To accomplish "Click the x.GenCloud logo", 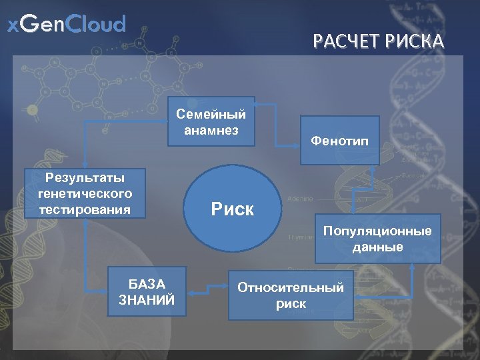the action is coord(66,25).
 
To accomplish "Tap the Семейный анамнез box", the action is coord(211,122).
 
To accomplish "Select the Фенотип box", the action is coord(339,140).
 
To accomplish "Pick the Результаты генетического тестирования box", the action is coord(85,193).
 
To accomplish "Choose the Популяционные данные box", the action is coord(377,239).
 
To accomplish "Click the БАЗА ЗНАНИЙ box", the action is coord(147,292).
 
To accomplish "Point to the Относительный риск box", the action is coord(291,295).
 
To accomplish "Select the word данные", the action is coord(377,247).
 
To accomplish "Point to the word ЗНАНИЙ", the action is coord(147,300).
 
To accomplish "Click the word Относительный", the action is coord(291,287).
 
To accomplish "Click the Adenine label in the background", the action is coord(300,199).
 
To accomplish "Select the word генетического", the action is coord(85,193).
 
